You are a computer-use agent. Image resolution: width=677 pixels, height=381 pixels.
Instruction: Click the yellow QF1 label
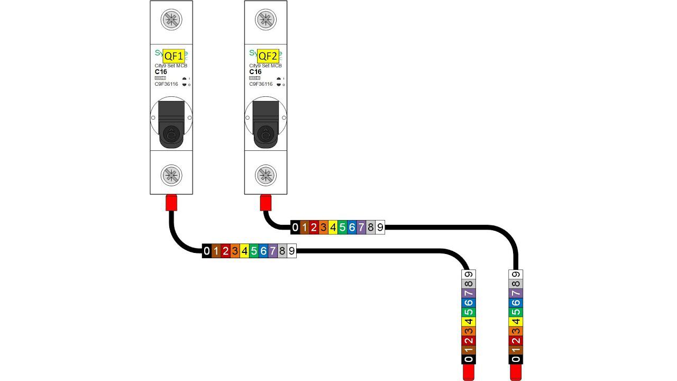pyautogui.click(x=173, y=56)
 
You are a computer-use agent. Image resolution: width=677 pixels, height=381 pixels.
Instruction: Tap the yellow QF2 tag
pyautogui.click(x=268, y=56)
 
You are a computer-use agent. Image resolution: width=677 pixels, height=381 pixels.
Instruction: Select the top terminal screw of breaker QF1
pyautogui.click(x=171, y=20)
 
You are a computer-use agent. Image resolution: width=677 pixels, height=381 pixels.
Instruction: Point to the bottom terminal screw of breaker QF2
pyautogui.click(x=266, y=175)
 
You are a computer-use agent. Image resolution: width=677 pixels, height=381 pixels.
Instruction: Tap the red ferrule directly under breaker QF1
pyautogui.click(x=171, y=203)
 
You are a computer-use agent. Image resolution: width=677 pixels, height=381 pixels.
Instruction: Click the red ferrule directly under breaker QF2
pyautogui.click(x=266, y=202)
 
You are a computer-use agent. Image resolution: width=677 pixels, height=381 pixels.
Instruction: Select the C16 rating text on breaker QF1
pyautogui.click(x=160, y=72)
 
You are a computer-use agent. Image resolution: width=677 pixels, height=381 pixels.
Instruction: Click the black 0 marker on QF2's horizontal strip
pyautogui.click(x=295, y=228)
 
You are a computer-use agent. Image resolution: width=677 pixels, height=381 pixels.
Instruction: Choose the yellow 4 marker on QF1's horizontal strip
pyautogui.click(x=244, y=251)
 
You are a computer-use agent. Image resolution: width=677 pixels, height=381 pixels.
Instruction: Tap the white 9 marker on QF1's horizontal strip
pyautogui.click(x=291, y=251)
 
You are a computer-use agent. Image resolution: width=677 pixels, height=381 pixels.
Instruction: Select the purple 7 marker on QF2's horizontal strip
pyautogui.click(x=361, y=228)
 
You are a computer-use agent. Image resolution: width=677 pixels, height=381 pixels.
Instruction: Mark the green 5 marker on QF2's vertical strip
pyautogui.click(x=516, y=312)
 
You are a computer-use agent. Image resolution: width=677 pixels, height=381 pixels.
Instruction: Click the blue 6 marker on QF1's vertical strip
pyautogui.click(x=469, y=303)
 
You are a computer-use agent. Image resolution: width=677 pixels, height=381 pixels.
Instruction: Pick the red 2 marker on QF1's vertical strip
pyautogui.click(x=469, y=340)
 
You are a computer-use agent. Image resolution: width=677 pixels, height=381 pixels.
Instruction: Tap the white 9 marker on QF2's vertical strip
pyautogui.click(x=516, y=274)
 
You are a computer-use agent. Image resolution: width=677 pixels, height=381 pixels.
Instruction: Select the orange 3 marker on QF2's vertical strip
pyautogui.click(x=516, y=331)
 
